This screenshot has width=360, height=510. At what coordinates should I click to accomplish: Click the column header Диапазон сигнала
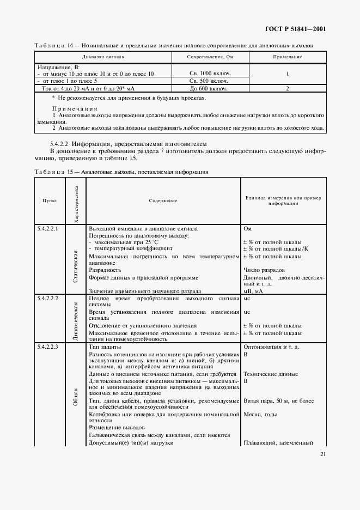point(103,57)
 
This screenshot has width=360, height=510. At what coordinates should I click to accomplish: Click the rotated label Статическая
point(76,265)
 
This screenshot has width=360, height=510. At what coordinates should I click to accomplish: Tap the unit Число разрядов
point(264,270)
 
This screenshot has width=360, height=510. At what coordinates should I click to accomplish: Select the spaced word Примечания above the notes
point(75,109)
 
